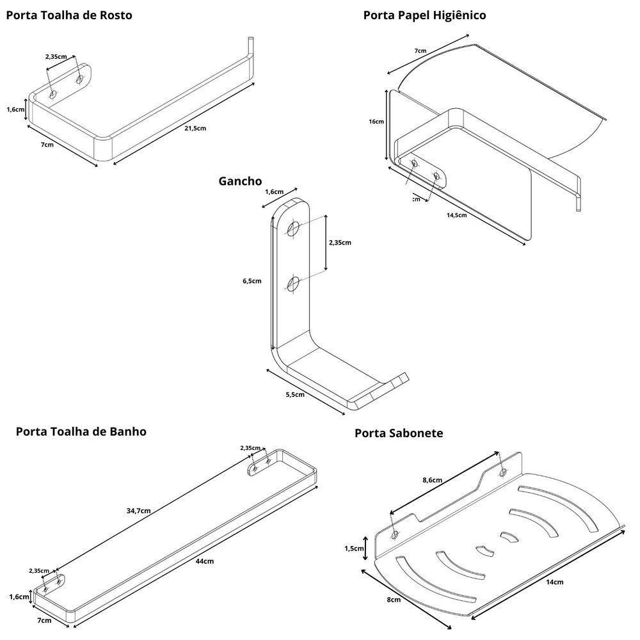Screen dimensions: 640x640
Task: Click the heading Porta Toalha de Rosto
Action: [69, 15]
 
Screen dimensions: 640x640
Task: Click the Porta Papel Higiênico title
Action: [424, 15]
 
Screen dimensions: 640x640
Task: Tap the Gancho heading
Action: [240, 181]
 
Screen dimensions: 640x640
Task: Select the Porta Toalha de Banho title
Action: [81, 431]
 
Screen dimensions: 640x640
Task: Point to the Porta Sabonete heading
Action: [399, 433]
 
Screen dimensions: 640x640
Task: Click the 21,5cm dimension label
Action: [195, 128]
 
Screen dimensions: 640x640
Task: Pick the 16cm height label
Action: [376, 122]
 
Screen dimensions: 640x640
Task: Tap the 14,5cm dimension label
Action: [456, 215]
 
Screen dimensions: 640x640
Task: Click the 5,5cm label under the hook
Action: [295, 394]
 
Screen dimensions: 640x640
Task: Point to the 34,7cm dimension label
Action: [138, 511]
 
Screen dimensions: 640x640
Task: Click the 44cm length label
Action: [205, 561]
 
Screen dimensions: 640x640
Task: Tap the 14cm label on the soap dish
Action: [555, 582]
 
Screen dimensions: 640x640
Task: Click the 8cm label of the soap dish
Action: [394, 600]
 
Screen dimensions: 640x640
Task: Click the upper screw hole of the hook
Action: [294, 228]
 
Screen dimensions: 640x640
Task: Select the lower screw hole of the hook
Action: [294, 283]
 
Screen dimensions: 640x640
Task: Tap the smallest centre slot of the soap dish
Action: [509, 536]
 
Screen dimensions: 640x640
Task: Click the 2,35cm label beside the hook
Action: [339, 243]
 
